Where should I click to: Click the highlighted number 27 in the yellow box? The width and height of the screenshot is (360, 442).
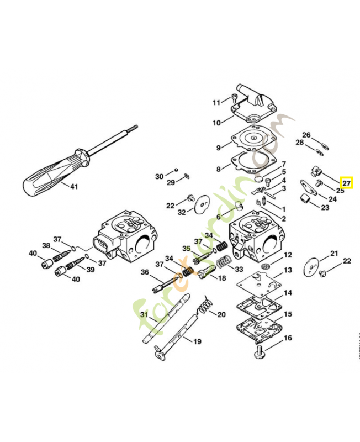pos(346,183)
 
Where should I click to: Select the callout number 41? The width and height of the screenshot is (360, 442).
pos(73,187)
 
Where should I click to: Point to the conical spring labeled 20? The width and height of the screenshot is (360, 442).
pos(205,305)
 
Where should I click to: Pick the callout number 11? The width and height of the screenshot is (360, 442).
pos(216,102)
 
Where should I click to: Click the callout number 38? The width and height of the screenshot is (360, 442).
pos(46,245)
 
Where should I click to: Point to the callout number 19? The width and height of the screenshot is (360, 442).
pos(197,341)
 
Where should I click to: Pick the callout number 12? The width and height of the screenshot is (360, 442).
pos(288,255)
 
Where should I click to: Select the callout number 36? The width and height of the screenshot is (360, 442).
pos(145,272)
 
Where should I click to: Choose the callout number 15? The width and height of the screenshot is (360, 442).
pos(288,314)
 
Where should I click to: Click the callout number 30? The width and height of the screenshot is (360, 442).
pos(159,176)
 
